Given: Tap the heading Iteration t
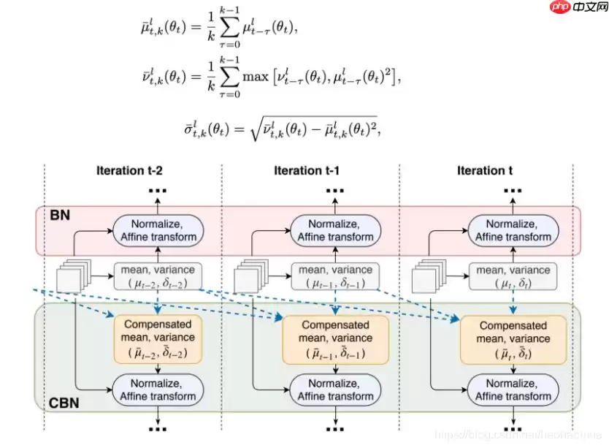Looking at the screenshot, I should [485, 170].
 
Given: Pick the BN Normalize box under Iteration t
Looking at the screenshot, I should [513, 229].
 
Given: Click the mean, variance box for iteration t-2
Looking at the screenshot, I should [158, 276].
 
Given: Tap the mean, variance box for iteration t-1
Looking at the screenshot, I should [336, 276].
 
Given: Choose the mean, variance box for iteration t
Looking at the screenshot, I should [512, 276].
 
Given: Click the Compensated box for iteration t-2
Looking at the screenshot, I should [158, 338].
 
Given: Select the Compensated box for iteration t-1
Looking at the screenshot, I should [335, 338].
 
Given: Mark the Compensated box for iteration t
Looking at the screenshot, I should [512, 339].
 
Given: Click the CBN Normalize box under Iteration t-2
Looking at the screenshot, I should [158, 389].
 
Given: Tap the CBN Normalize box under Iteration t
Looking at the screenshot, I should [513, 389].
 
